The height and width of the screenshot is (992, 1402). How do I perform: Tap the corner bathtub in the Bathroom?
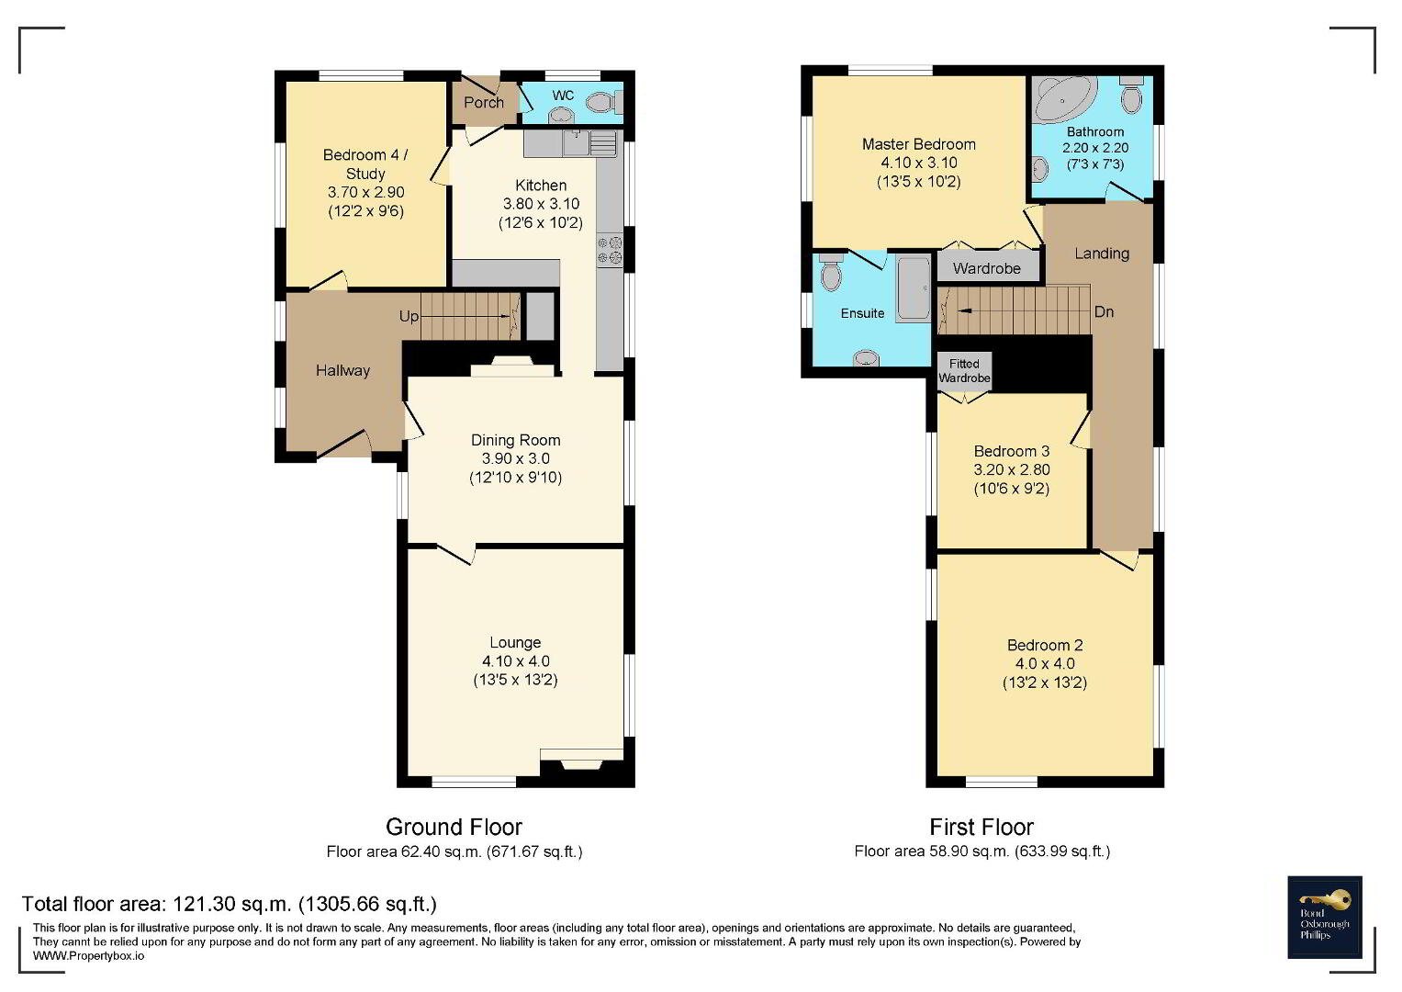tap(1063, 98)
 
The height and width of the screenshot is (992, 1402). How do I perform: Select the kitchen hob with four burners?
tap(610, 250)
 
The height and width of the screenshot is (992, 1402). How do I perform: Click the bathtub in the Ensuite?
tap(914, 288)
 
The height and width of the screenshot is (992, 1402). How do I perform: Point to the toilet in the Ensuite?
tap(831, 272)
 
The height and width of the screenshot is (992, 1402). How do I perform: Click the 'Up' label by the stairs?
tap(409, 316)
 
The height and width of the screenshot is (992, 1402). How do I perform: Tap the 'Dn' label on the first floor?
tap(1105, 312)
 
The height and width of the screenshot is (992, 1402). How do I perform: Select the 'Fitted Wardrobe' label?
tap(964, 371)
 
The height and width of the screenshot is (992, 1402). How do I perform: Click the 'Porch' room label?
tap(484, 102)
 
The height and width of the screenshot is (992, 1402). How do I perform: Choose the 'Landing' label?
tap(1102, 254)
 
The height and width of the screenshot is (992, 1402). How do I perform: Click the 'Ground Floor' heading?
tap(454, 828)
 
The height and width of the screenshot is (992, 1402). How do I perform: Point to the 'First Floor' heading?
tap(981, 828)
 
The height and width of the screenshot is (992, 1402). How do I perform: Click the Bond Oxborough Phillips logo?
tap(1324, 918)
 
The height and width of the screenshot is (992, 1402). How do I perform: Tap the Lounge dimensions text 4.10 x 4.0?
tap(516, 661)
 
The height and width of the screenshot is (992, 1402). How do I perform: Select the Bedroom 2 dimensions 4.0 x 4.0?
tap(1045, 664)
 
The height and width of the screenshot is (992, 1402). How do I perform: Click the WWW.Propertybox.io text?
tap(88, 956)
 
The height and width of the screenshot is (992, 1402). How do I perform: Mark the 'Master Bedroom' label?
tap(919, 145)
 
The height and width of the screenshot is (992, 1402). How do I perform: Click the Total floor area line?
tap(230, 905)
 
